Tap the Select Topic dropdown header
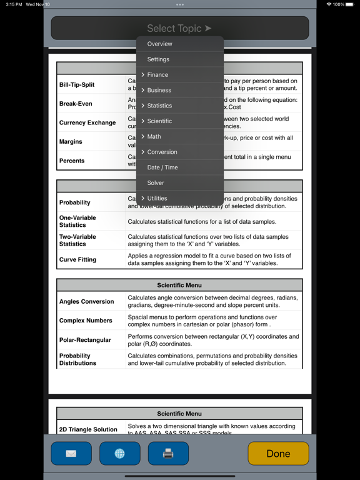point(179,28)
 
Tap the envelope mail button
point(71,454)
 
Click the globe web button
point(119,454)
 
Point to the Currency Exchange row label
point(87,123)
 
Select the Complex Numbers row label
point(86,321)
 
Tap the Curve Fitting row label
point(77,259)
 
